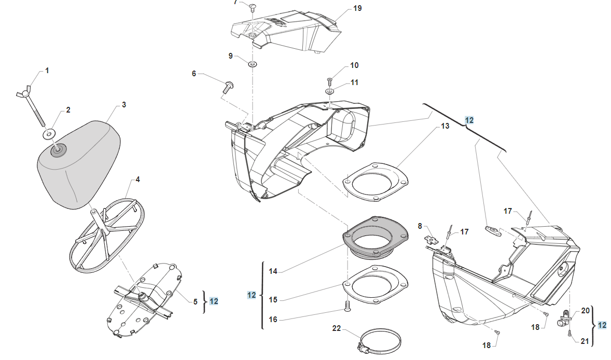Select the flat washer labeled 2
pos(48,134)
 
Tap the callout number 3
pos(124,105)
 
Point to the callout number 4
pos(137,180)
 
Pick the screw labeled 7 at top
pos(252,7)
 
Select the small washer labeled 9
pos(253,64)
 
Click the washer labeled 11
pos(330,91)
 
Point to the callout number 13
pos(446,126)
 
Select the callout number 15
pos(273,300)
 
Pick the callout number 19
pos(357,8)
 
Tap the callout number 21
pos(585,341)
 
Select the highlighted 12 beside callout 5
pos(214,301)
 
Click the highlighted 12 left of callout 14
pos(252,295)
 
